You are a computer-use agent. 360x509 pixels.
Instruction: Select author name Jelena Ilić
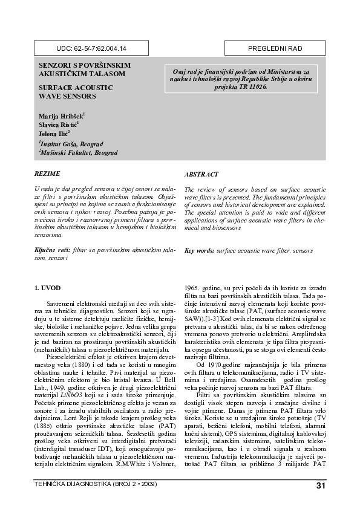[54, 133]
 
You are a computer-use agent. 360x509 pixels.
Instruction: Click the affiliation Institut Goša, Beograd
[70, 144]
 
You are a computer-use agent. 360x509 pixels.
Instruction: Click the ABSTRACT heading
[201, 173]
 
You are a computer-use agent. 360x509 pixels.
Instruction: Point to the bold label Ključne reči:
[53, 250]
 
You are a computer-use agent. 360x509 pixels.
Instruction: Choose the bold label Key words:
[203, 250]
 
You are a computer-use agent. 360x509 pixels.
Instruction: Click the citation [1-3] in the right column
[229, 318]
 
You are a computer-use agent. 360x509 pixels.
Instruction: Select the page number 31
[319, 487]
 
